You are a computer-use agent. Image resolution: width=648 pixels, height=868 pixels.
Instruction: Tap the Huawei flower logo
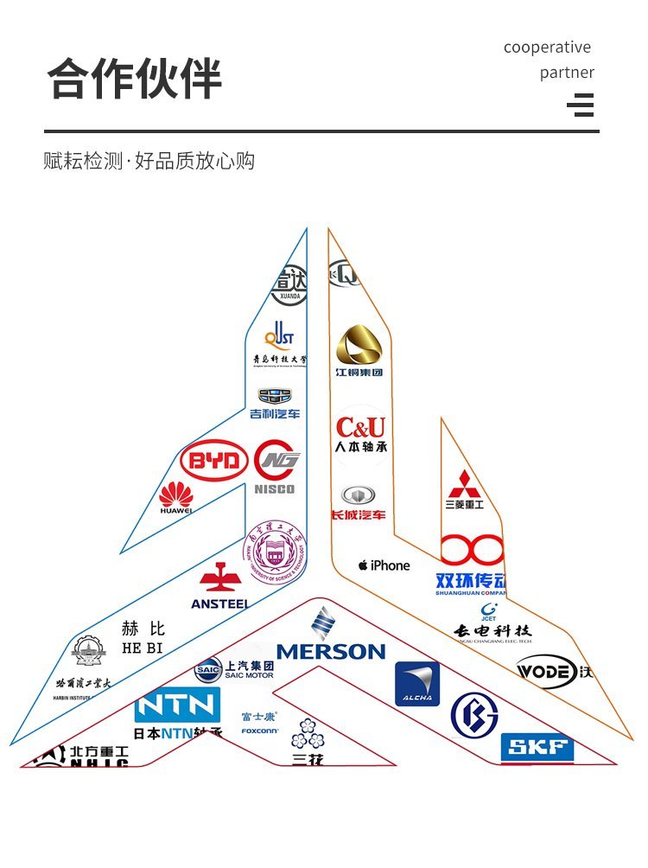click(x=176, y=495)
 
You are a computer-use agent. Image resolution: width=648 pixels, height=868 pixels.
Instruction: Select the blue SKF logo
click(x=537, y=749)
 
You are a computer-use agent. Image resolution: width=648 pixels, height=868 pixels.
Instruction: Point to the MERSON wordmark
click(x=330, y=651)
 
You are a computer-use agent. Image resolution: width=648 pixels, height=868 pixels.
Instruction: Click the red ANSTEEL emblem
click(x=219, y=578)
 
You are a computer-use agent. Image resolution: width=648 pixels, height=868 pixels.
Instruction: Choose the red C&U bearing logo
click(x=360, y=427)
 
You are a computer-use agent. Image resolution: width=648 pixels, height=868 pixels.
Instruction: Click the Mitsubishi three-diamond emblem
click(x=464, y=483)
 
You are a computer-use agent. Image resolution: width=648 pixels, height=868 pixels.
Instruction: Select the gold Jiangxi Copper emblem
click(x=359, y=346)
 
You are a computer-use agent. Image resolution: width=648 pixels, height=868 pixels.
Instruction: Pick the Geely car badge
click(x=276, y=397)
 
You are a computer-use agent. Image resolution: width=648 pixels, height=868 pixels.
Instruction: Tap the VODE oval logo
click(x=546, y=671)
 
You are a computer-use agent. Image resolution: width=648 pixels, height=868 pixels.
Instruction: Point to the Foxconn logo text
click(x=259, y=731)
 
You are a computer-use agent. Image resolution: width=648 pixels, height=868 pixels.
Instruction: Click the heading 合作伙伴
click(x=134, y=80)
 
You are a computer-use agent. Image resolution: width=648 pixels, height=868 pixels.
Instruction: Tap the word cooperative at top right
click(x=547, y=48)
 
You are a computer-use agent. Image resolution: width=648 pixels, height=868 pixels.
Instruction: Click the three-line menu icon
click(x=581, y=105)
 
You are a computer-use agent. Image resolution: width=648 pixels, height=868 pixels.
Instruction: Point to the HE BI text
click(x=143, y=637)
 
